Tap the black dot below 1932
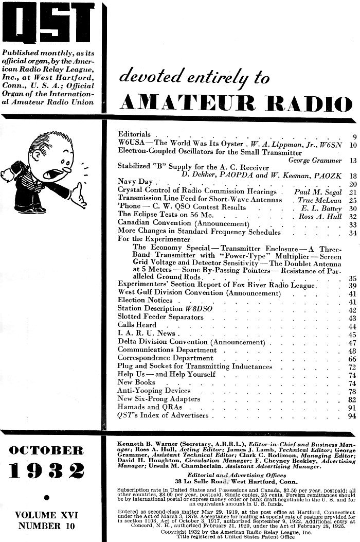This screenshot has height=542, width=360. point(47,497)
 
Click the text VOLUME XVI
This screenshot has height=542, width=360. point(47,515)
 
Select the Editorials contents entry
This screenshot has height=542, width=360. point(134,134)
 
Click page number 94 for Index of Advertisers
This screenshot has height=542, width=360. point(352,415)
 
